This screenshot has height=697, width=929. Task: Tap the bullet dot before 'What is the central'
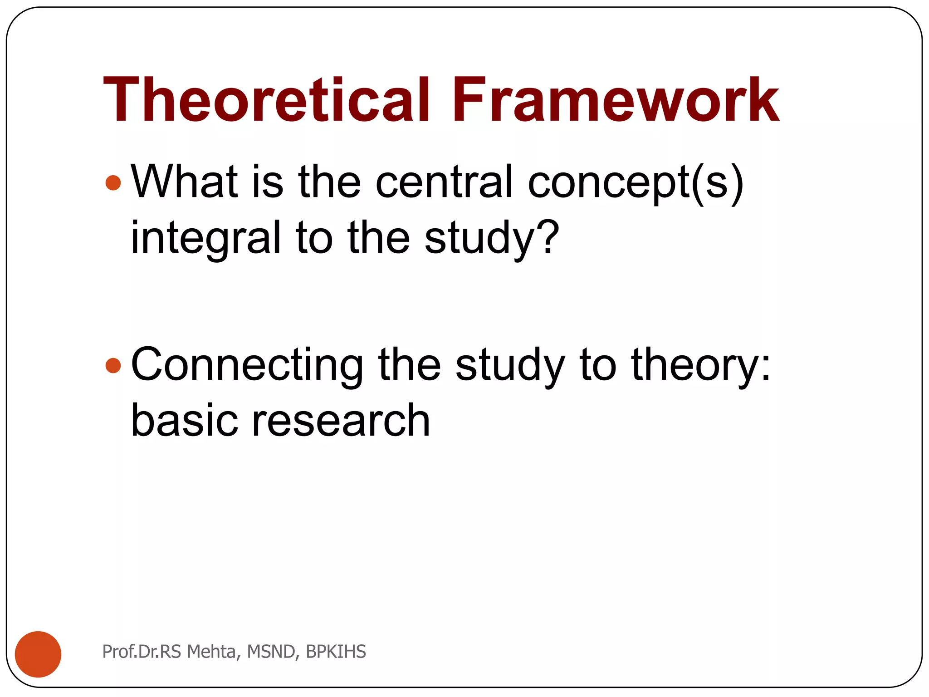[113, 183]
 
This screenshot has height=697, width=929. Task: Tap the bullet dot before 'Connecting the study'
[113, 365]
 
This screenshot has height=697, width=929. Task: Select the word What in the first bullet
[184, 182]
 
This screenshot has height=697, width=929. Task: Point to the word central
[444, 182]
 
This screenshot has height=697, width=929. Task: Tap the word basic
[184, 421]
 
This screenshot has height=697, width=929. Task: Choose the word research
[340, 421]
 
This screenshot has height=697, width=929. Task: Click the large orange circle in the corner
[38, 654]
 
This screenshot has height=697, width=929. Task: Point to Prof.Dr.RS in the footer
[142, 652]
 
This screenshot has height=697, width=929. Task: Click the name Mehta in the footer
[212, 652]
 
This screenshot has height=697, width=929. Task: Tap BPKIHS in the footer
[336, 652]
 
